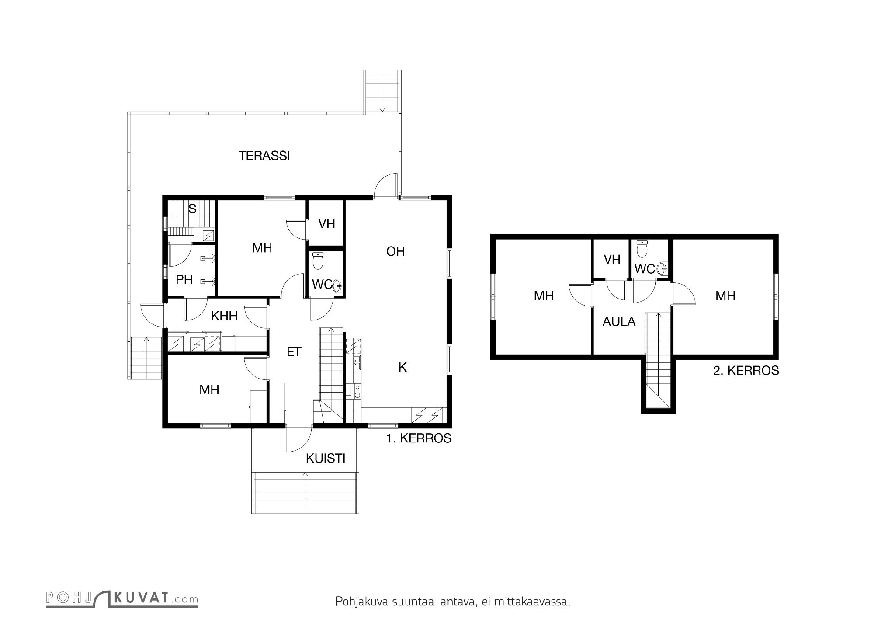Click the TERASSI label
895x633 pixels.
[264, 156]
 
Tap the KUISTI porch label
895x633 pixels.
[326, 459]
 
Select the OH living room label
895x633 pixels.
[395, 251]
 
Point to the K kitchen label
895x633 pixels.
[402, 368]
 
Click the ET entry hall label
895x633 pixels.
[294, 352]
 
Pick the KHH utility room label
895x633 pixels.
[224, 316]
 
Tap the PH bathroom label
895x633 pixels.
[184, 280]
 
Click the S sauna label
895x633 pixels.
[192, 209]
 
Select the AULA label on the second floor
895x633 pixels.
[619, 322]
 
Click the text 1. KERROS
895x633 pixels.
[419, 438]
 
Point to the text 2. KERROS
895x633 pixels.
[746, 371]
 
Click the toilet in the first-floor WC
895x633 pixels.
[318, 261]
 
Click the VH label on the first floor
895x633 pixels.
[326, 224]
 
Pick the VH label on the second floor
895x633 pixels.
[612, 260]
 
